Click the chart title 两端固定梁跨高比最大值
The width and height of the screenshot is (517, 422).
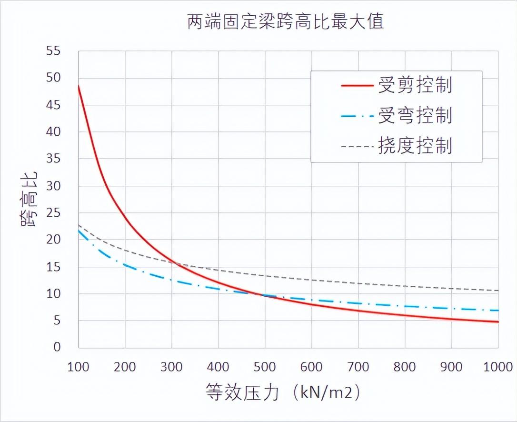tap(285, 22)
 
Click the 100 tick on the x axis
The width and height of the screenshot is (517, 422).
tap(78, 367)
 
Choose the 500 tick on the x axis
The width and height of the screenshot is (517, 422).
tap(265, 367)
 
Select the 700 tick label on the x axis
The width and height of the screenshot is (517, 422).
tap(358, 367)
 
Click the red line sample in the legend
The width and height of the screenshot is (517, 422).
tap(357, 86)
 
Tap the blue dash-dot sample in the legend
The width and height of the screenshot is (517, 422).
tap(357, 116)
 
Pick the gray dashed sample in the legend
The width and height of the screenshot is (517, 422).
tap(357, 146)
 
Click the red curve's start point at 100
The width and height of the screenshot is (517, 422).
tap(79, 86)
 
